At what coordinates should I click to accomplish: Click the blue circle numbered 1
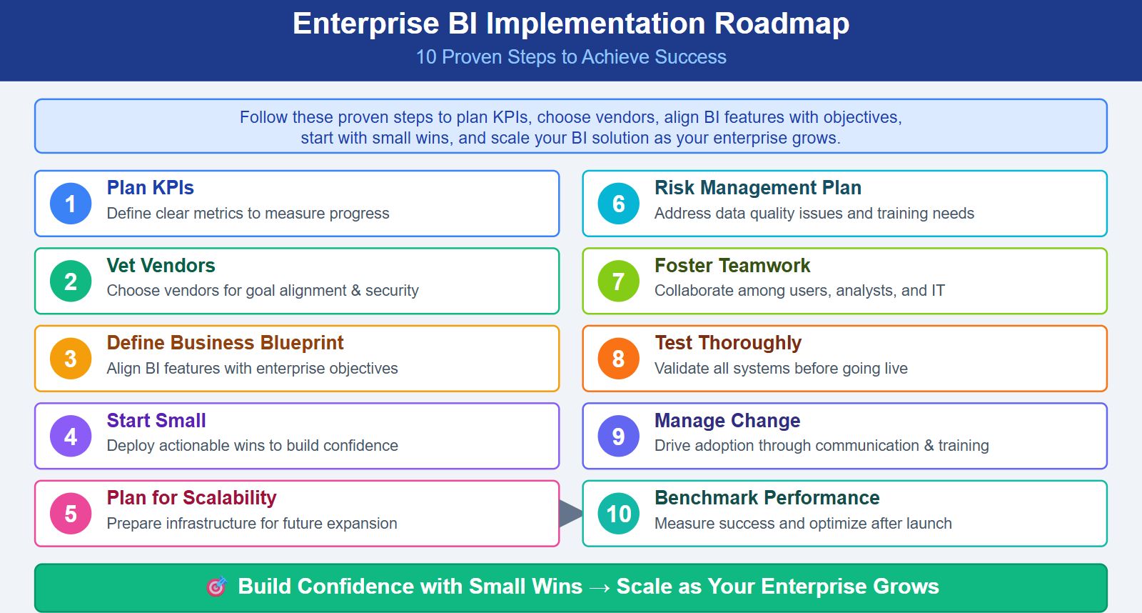[x=71, y=204]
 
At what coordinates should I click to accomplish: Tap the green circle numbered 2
[x=71, y=281]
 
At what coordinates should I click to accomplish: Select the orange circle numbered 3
[x=71, y=359]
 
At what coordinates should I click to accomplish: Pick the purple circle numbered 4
[x=71, y=436]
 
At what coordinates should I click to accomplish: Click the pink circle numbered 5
[x=71, y=513]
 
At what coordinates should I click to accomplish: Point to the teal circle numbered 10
[x=619, y=513]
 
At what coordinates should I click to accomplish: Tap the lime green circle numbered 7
[x=619, y=281]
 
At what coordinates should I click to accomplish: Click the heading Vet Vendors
[x=161, y=266]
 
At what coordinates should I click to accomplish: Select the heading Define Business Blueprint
[x=225, y=343]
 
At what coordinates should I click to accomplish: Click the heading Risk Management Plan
[x=757, y=188]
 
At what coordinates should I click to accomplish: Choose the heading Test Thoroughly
[x=728, y=343]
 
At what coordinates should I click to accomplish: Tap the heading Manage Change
[x=727, y=421]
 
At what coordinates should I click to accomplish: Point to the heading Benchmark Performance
[x=767, y=498]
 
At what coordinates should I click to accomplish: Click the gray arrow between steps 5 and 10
[x=570, y=513]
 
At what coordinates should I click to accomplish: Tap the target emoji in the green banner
[x=216, y=587]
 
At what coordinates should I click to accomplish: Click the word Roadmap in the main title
[x=782, y=24]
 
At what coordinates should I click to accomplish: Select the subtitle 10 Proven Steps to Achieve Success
[x=571, y=57]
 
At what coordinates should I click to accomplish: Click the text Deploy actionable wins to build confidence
[x=252, y=446]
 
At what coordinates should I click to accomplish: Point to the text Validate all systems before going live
[x=781, y=369]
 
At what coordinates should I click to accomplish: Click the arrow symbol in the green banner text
[x=600, y=587]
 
